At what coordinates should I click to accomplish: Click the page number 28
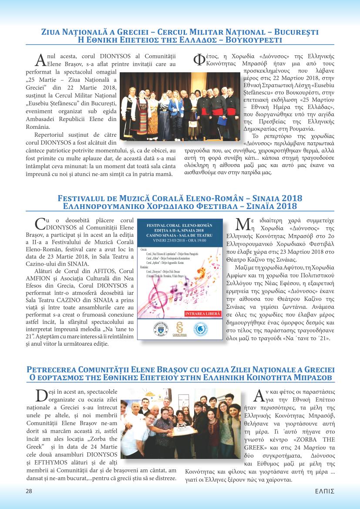coord(29,491)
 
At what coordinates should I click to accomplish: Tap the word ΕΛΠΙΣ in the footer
coord(325,491)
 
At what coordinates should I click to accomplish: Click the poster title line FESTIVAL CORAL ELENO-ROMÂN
coord(179,225)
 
